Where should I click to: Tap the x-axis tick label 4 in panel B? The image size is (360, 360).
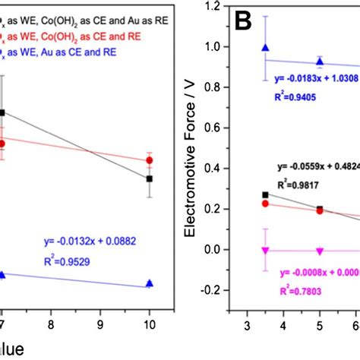pos(283,325)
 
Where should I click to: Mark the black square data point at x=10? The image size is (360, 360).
pos(150,178)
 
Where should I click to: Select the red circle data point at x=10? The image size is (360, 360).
pos(150,160)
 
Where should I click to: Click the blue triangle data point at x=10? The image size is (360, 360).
pos(150,283)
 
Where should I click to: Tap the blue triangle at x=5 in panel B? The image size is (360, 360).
pos(320,61)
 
